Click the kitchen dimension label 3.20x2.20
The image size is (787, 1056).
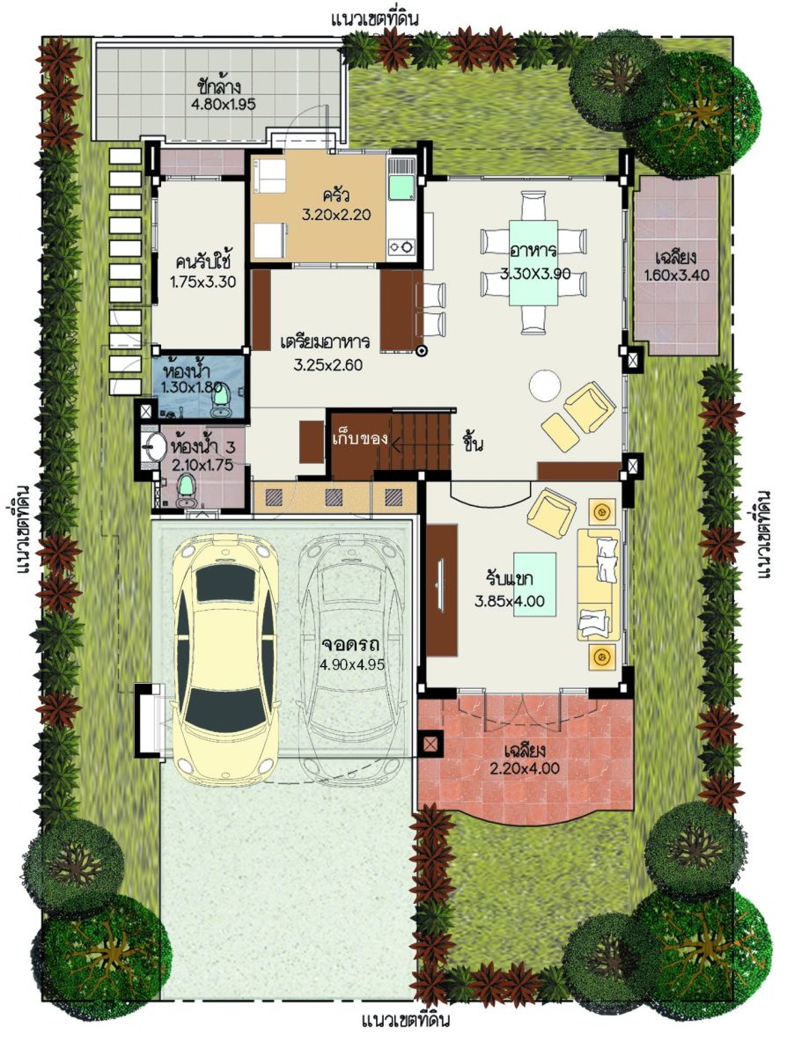click(336, 215)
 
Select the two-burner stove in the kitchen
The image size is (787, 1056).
click(401, 246)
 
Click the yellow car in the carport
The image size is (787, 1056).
click(225, 660)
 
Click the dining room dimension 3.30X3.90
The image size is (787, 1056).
click(535, 274)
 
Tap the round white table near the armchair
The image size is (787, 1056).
click(545, 385)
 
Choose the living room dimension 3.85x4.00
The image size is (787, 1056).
click(510, 601)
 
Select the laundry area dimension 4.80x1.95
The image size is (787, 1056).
click(224, 104)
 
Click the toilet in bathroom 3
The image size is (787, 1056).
click(186, 492)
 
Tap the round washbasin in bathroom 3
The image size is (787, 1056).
click(152, 446)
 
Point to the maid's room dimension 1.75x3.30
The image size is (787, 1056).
click(203, 282)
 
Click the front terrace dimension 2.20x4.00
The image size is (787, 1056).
click(525, 768)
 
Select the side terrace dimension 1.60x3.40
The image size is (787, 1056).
click(676, 275)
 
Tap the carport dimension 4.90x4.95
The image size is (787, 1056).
click(352, 664)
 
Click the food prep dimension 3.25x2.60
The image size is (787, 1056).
click(327, 365)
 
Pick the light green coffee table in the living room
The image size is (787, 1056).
click(534, 584)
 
